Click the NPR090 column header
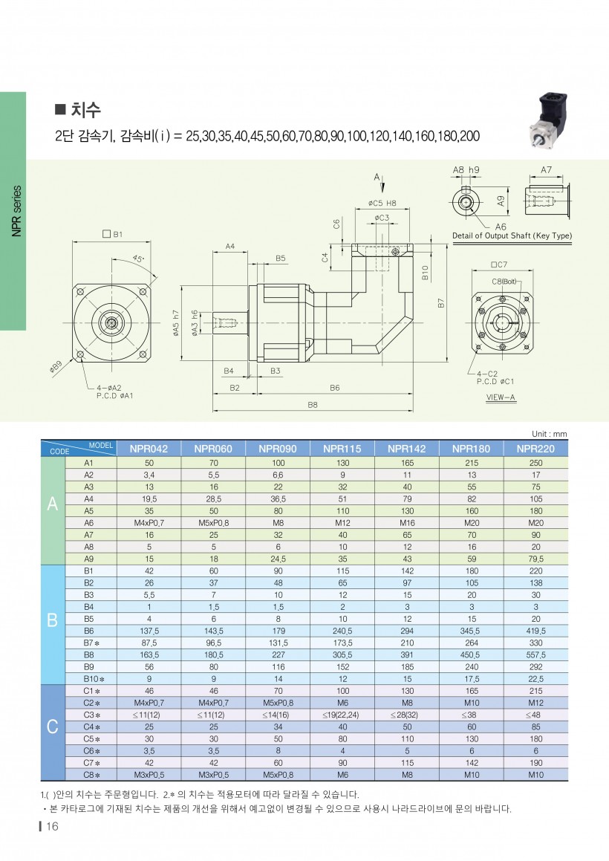[x=278, y=449]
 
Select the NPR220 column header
[x=536, y=449]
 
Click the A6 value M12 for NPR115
[x=342, y=522]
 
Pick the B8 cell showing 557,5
[x=536, y=654]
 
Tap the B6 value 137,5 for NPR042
[x=149, y=631]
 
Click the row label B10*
[x=91, y=678]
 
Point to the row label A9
[x=88, y=558]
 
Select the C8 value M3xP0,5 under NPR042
[x=149, y=774]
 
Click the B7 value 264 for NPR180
[x=472, y=643]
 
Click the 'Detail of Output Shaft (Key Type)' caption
[x=512, y=235]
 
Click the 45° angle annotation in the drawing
[x=137, y=259]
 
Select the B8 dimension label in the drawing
[x=312, y=405]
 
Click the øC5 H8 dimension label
[x=382, y=202]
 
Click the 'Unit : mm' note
[x=549, y=434]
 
